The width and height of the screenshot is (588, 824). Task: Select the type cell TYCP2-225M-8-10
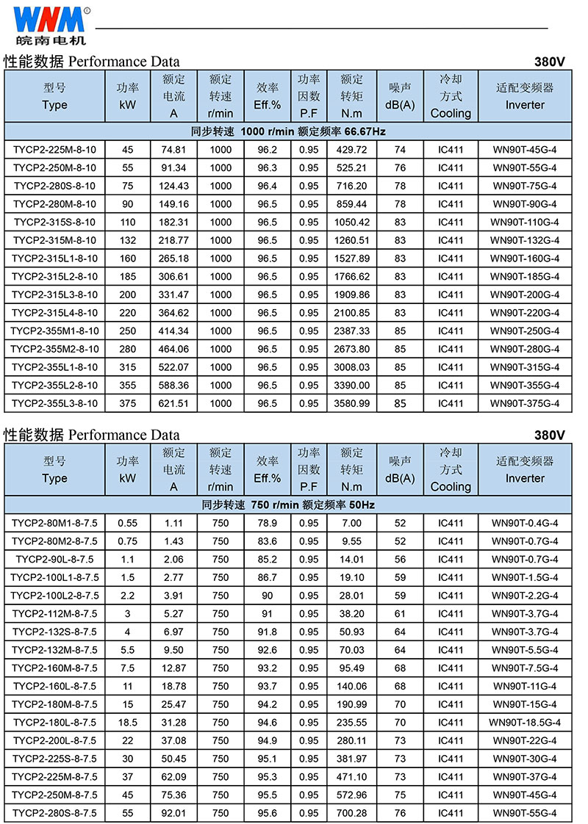click(54, 150)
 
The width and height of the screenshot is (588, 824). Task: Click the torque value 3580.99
click(351, 403)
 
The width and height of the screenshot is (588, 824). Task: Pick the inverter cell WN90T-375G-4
click(525, 403)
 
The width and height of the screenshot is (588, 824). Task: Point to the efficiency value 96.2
click(268, 150)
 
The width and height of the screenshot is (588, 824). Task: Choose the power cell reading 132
click(128, 240)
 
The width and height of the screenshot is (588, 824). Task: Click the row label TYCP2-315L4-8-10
click(54, 313)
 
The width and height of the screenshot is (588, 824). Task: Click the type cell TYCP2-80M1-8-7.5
click(54, 524)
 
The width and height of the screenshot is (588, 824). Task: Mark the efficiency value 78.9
click(268, 524)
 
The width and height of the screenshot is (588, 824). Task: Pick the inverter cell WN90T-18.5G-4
click(525, 722)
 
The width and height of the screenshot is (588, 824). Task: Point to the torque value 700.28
click(351, 812)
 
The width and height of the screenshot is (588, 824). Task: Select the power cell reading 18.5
click(128, 722)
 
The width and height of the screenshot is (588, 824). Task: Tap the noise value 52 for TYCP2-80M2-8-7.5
click(400, 541)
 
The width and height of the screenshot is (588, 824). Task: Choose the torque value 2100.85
click(351, 313)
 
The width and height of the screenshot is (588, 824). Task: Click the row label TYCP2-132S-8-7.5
click(54, 632)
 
